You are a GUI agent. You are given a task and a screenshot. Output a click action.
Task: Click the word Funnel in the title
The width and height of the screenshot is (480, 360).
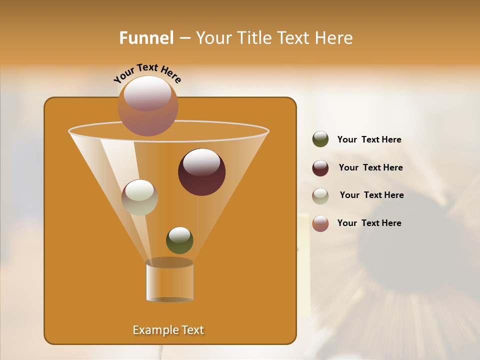(x=146, y=37)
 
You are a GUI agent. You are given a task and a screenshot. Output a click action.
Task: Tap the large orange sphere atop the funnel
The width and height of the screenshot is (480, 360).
(x=147, y=106)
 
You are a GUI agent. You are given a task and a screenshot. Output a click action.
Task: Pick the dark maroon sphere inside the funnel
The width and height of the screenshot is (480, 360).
(x=201, y=172)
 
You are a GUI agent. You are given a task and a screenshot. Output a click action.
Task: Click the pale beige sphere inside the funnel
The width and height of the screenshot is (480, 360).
(x=139, y=197)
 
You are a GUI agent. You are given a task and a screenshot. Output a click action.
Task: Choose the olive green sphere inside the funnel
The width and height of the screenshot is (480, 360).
(x=179, y=240)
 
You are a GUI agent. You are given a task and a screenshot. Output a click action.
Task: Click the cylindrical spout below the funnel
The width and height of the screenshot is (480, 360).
(x=169, y=281)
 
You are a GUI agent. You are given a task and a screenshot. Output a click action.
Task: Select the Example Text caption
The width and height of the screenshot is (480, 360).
(x=168, y=330)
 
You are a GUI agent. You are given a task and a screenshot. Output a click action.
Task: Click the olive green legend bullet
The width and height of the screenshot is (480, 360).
(x=320, y=139)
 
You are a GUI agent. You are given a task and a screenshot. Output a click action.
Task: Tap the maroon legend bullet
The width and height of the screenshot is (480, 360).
(x=320, y=168)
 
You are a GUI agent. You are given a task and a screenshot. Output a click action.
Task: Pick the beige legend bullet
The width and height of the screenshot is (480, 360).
(x=320, y=196)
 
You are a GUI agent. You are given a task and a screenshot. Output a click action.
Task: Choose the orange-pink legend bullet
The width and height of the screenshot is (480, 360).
(x=320, y=223)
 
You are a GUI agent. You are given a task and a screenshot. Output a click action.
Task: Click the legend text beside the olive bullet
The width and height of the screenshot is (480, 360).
(x=369, y=139)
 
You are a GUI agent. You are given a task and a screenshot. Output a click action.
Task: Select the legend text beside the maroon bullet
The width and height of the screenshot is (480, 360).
(x=370, y=167)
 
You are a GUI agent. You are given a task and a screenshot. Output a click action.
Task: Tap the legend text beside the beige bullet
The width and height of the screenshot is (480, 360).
(x=371, y=195)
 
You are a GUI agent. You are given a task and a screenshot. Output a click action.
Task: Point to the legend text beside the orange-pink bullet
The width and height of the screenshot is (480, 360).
(x=369, y=223)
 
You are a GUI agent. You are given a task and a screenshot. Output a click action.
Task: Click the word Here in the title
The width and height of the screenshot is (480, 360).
(x=334, y=37)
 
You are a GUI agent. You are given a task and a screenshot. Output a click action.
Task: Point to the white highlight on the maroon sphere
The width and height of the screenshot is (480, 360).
(x=201, y=162)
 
